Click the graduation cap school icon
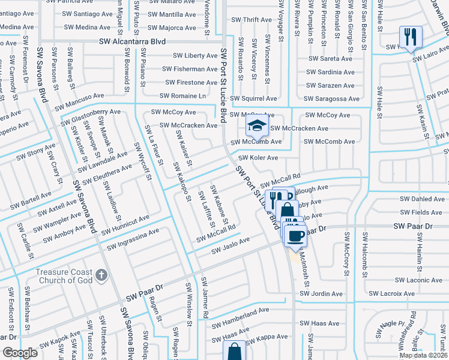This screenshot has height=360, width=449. (x=256, y=127)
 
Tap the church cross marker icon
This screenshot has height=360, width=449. (x=101, y=276)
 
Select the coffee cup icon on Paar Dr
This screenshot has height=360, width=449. (x=295, y=235)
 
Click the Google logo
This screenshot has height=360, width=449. (x=20, y=353)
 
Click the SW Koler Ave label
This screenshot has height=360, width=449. (x=258, y=158)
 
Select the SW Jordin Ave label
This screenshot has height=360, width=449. (x=321, y=294)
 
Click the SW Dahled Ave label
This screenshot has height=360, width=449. (x=423, y=199)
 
